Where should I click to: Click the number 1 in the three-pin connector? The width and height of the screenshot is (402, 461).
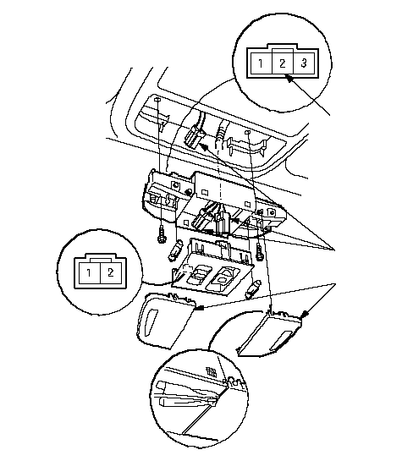(x=261, y=63)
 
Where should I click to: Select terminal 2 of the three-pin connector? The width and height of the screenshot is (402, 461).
(x=283, y=63)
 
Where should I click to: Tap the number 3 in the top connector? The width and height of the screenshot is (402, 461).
(x=304, y=63)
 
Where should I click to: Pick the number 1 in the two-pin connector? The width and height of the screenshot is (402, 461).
(x=89, y=273)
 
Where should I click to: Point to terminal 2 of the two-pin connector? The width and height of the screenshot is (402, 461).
(x=110, y=272)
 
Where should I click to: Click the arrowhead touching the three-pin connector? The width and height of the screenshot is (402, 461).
(x=289, y=79)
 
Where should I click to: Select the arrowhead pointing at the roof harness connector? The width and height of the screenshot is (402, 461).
(x=203, y=146)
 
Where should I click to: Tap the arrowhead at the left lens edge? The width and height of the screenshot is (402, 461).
(x=200, y=308)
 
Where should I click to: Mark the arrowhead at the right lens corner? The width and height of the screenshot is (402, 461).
(x=305, y=315)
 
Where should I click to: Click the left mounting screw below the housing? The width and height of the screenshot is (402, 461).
(x=161, y=234)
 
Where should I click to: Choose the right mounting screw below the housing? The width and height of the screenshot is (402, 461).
(x=259, y=252)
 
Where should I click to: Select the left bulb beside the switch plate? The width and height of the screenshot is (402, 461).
(x=173, y=250)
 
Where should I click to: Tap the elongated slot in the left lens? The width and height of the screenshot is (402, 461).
(x=151, y=322)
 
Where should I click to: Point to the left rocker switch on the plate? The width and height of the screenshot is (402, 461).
(x=196, y=274)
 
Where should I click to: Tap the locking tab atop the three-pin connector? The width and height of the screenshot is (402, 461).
(x=283, y=47)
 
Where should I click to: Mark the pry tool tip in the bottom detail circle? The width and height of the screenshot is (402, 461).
(x=216, y=400)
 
